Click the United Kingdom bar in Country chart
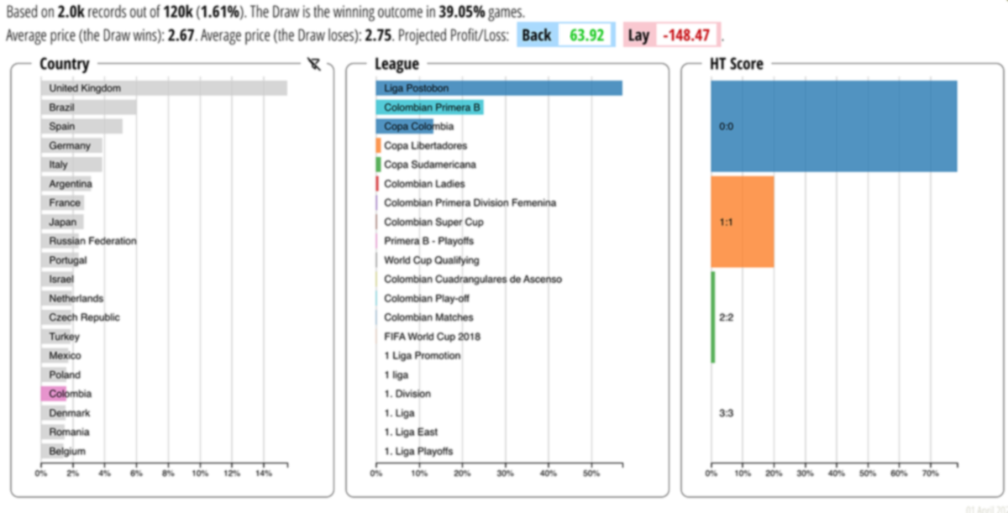click(x=164, y=88)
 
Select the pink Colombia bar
click(x=53, y=394)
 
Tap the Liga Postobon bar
click(x=499, y=88)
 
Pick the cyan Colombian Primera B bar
click(x=429, y=107)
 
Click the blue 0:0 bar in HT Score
click(x=833, y=126)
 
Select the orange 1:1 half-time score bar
click(x=742, y=222)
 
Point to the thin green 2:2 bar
click(x=713, y=317)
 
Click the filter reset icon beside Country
click(x=314, y=65)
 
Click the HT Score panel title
click(x=737, y=65)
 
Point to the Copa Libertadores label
click(x=425, y=146)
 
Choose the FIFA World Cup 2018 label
click(x=432, y=337)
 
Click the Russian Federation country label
click(x=92, y=241)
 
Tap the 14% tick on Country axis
click(x=263, y=474)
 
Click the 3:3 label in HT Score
click(x=727, y=413)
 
